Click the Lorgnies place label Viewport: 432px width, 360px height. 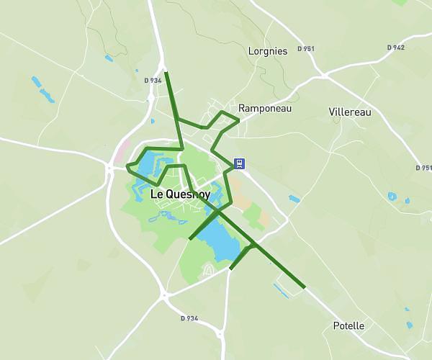point(267,51)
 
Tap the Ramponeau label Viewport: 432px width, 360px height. point(264,108)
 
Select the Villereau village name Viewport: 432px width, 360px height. point(349,112)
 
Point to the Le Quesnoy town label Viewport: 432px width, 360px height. point(180,194)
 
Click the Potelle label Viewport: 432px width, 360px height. point(348,326)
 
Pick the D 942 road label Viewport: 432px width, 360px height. point(395,48)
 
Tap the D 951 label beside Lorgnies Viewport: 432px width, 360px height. point(305,49)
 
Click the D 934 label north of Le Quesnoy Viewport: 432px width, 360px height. point(153,80)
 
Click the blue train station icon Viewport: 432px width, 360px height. point(240,163)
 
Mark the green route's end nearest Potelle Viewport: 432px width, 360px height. point(305,287)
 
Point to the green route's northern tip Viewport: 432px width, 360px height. point(166,73)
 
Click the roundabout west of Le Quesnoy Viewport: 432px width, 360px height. point(109,168)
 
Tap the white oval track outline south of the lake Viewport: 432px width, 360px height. point(208,270)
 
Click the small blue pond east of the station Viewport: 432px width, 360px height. point(294,199)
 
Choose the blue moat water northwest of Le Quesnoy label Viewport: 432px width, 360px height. point(147,165)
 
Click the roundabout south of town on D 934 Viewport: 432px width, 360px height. point(165,294)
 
